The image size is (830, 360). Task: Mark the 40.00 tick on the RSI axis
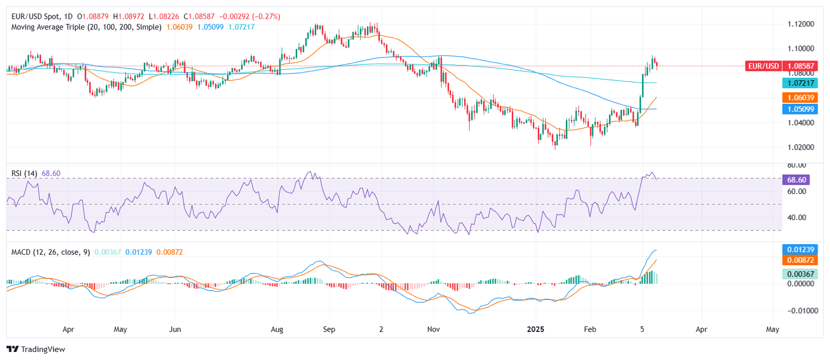point(794,217)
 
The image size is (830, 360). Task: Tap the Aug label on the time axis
point(277,329)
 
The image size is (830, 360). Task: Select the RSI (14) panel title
point(24,173)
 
